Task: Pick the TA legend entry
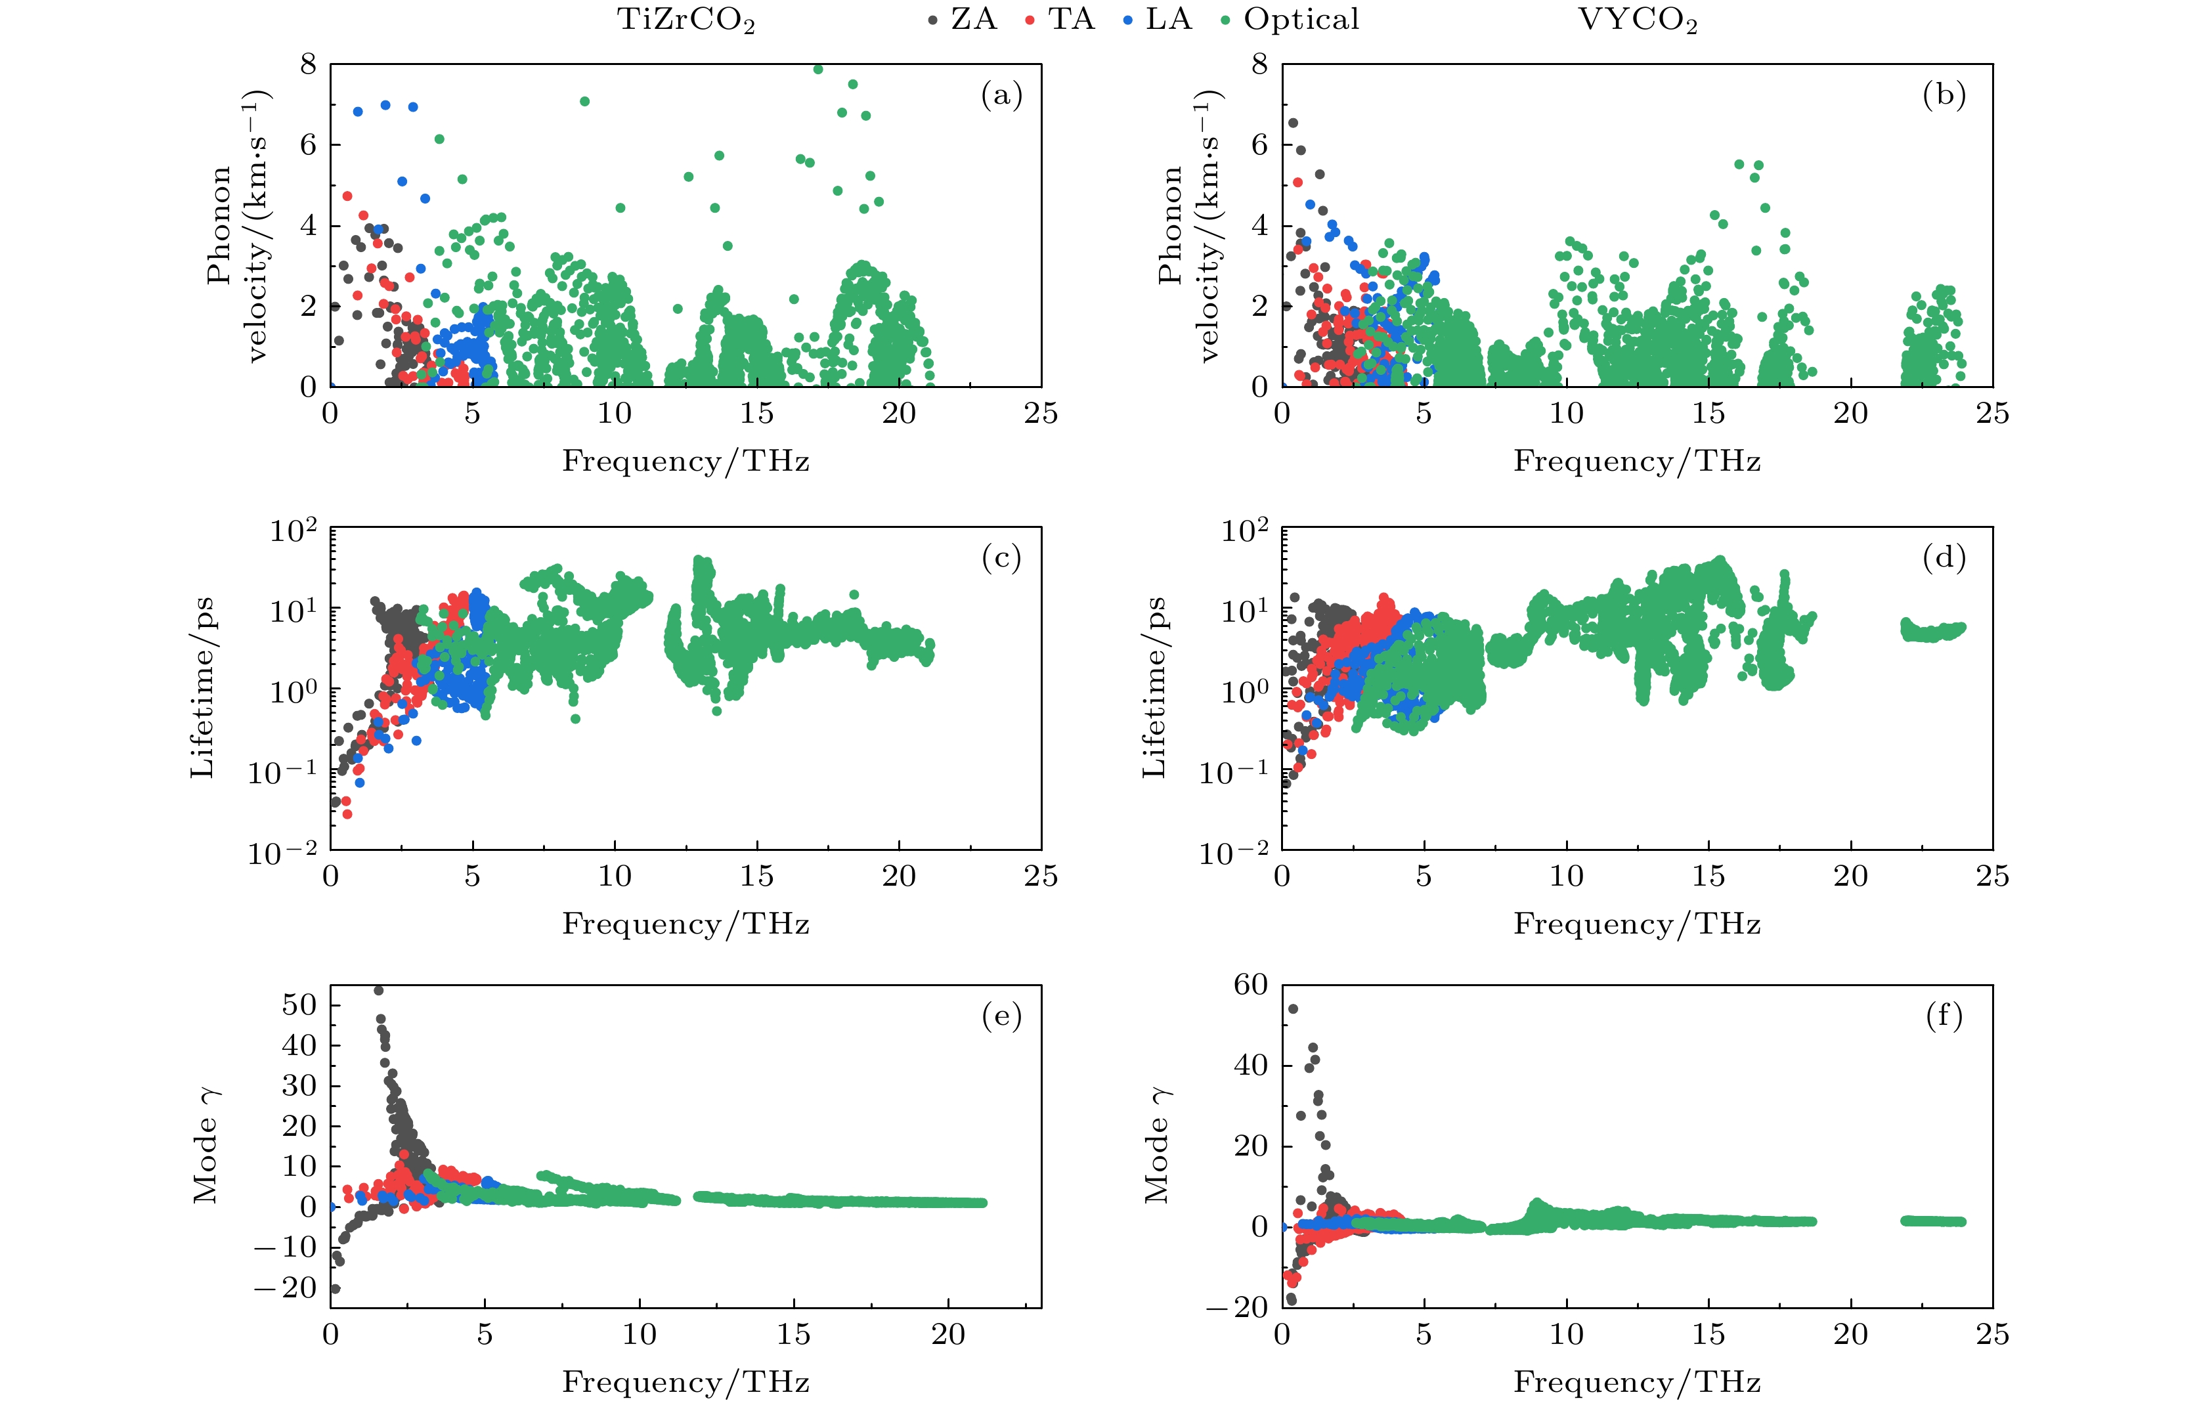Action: pos(1060,19)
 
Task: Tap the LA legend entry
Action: pos(1158,19)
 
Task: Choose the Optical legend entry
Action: pos(1291,19)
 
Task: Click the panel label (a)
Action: pos(1001,95)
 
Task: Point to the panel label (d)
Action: pos(1944,557)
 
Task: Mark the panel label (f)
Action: pos(1944,1016)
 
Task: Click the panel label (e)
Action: pos(1001,1016)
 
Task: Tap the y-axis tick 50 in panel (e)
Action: pos(299,1005)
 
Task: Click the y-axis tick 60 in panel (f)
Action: pos(1251,985)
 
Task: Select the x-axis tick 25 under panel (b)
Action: pos(1992,414)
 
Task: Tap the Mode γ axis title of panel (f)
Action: pos(1156,1146)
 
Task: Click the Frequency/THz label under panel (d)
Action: pos(1637,924)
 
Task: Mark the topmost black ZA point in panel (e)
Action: pos(378,990)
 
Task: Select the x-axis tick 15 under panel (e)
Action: pos(793,1335)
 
